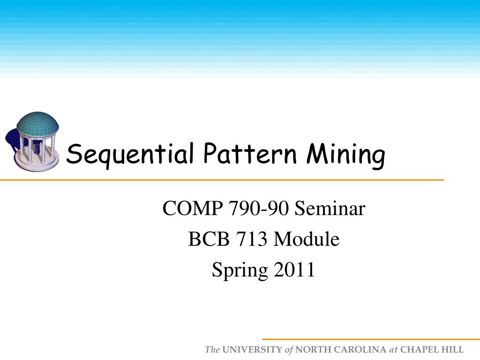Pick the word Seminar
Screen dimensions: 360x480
[x=330, y=209]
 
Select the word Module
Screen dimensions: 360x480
[x=307, y=240]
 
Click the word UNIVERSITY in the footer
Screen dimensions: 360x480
[x=253, y=350]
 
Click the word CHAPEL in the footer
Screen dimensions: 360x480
[x=419, y=350]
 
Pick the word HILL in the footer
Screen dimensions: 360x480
[x=453, y=350]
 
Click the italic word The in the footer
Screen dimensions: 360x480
[x=212, y=350]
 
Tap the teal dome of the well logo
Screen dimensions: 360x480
[x=37, y=123]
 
